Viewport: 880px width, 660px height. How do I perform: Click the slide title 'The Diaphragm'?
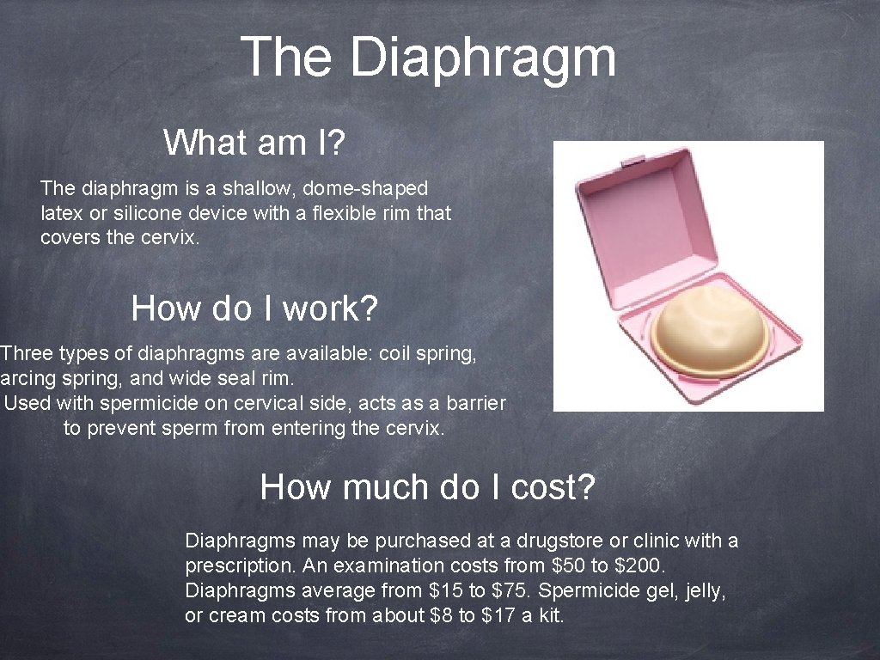(x=428, y=57)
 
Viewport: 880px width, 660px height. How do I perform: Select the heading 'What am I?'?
(x=254, y=143)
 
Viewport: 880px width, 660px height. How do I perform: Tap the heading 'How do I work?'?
(x=254, y=308)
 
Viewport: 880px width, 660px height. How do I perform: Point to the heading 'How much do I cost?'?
(x=427, y=487)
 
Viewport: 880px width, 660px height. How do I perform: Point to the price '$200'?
(x=643, y=566)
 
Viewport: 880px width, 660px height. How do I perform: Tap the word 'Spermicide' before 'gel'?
(x=598, y=591)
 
